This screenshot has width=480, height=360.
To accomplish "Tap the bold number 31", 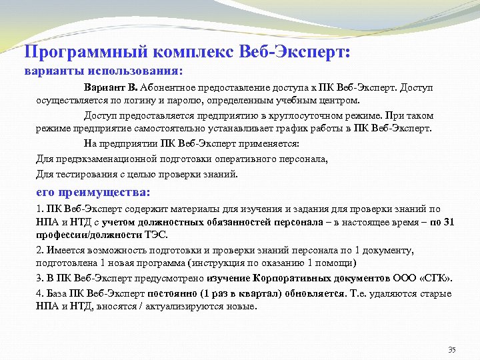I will click(x=448, y=222).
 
